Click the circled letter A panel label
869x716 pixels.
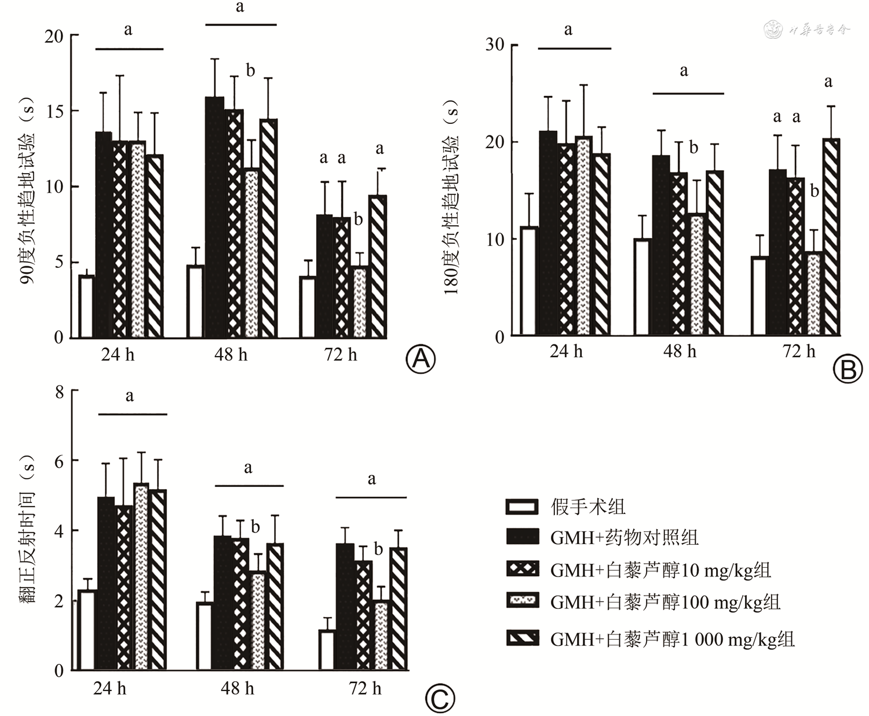pyautogui.click(x=421, y=359)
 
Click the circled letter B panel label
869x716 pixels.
pyautogui.click(x=848, y=369)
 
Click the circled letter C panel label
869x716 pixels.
pyautogui.click(x=440, y=699)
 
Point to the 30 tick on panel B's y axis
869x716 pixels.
pyautogui.click(x=495, y=45)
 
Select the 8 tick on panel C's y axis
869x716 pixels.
pyautogui.click(x=59, y=392)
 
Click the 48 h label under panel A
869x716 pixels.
pyautogui.click(x=231, y=354)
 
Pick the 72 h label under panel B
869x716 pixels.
pyautogui.click(x=799, y=351)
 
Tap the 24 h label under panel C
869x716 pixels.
pyautogui.click(x=109, y=688)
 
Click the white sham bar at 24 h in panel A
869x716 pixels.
pyautogui.click(x=86, y=307)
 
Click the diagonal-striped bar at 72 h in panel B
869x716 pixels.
pyautogui.click(x=831, y=237)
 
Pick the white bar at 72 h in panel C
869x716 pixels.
pyautogui.click(x=327, y=650)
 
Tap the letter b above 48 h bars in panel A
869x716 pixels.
pyautogui.click(x=250, y=71)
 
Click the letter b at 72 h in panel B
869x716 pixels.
pyautogui.click(x=815, y=190)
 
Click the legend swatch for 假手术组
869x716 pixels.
pyautogui.click(x=523, y=507)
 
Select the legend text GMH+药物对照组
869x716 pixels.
pyautogui.click(x=624, y=538)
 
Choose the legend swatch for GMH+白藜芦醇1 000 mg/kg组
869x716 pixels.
pyautogui.click(x=523, y=638)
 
